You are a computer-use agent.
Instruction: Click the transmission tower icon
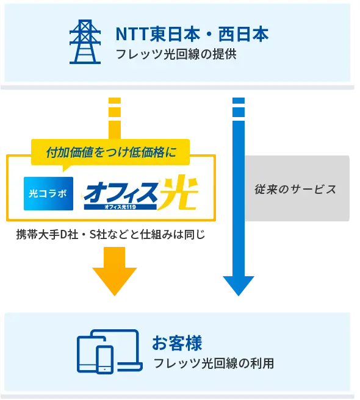tap(85, 41)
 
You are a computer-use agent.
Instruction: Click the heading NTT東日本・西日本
tap(192, 34)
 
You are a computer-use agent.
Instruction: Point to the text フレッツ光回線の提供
tap(176, 54)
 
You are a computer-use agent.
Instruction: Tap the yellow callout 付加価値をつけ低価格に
tap(110, 152)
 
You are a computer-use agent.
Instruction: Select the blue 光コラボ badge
tap(49, 194)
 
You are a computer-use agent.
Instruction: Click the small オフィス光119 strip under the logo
tap(120, 207)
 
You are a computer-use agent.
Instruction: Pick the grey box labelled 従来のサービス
tap(297, 188)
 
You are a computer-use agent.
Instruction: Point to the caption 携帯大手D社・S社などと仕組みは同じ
tap(110, 234)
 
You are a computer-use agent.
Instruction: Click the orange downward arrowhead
tap(115, 281)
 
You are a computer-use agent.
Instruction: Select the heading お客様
tap(177, 343)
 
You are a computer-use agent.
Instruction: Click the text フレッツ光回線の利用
tap(214, 363)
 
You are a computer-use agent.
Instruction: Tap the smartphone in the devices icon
tap(105, 360)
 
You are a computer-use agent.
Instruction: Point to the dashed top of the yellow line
tap(115, 107)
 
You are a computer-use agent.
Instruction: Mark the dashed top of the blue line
tap(239, 107)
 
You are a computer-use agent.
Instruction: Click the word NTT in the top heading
tap(132, 34)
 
